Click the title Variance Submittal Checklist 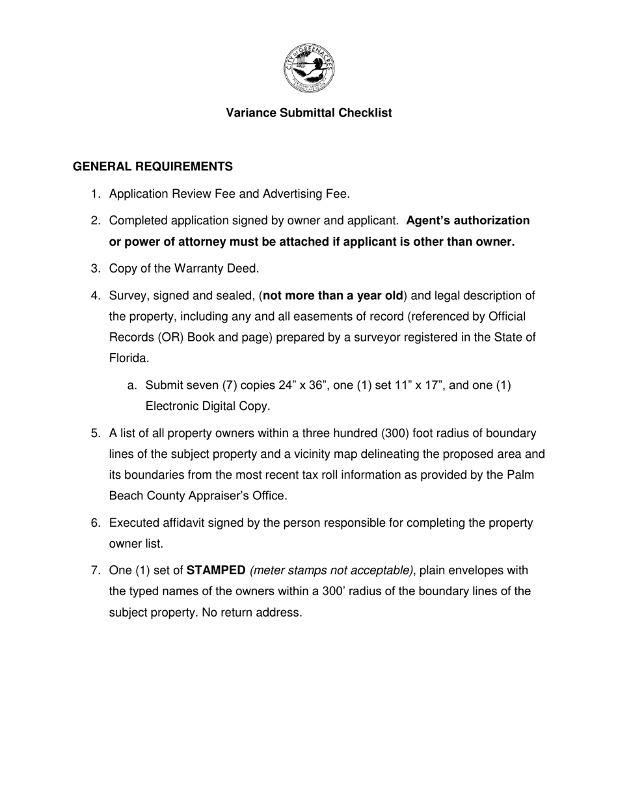(309, 113)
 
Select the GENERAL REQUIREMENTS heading (153, 167)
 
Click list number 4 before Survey (95, 296)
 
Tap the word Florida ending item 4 (129, 358)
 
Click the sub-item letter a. (132, 386)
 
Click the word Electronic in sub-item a (172, 407)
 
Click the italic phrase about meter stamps (332, 571)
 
